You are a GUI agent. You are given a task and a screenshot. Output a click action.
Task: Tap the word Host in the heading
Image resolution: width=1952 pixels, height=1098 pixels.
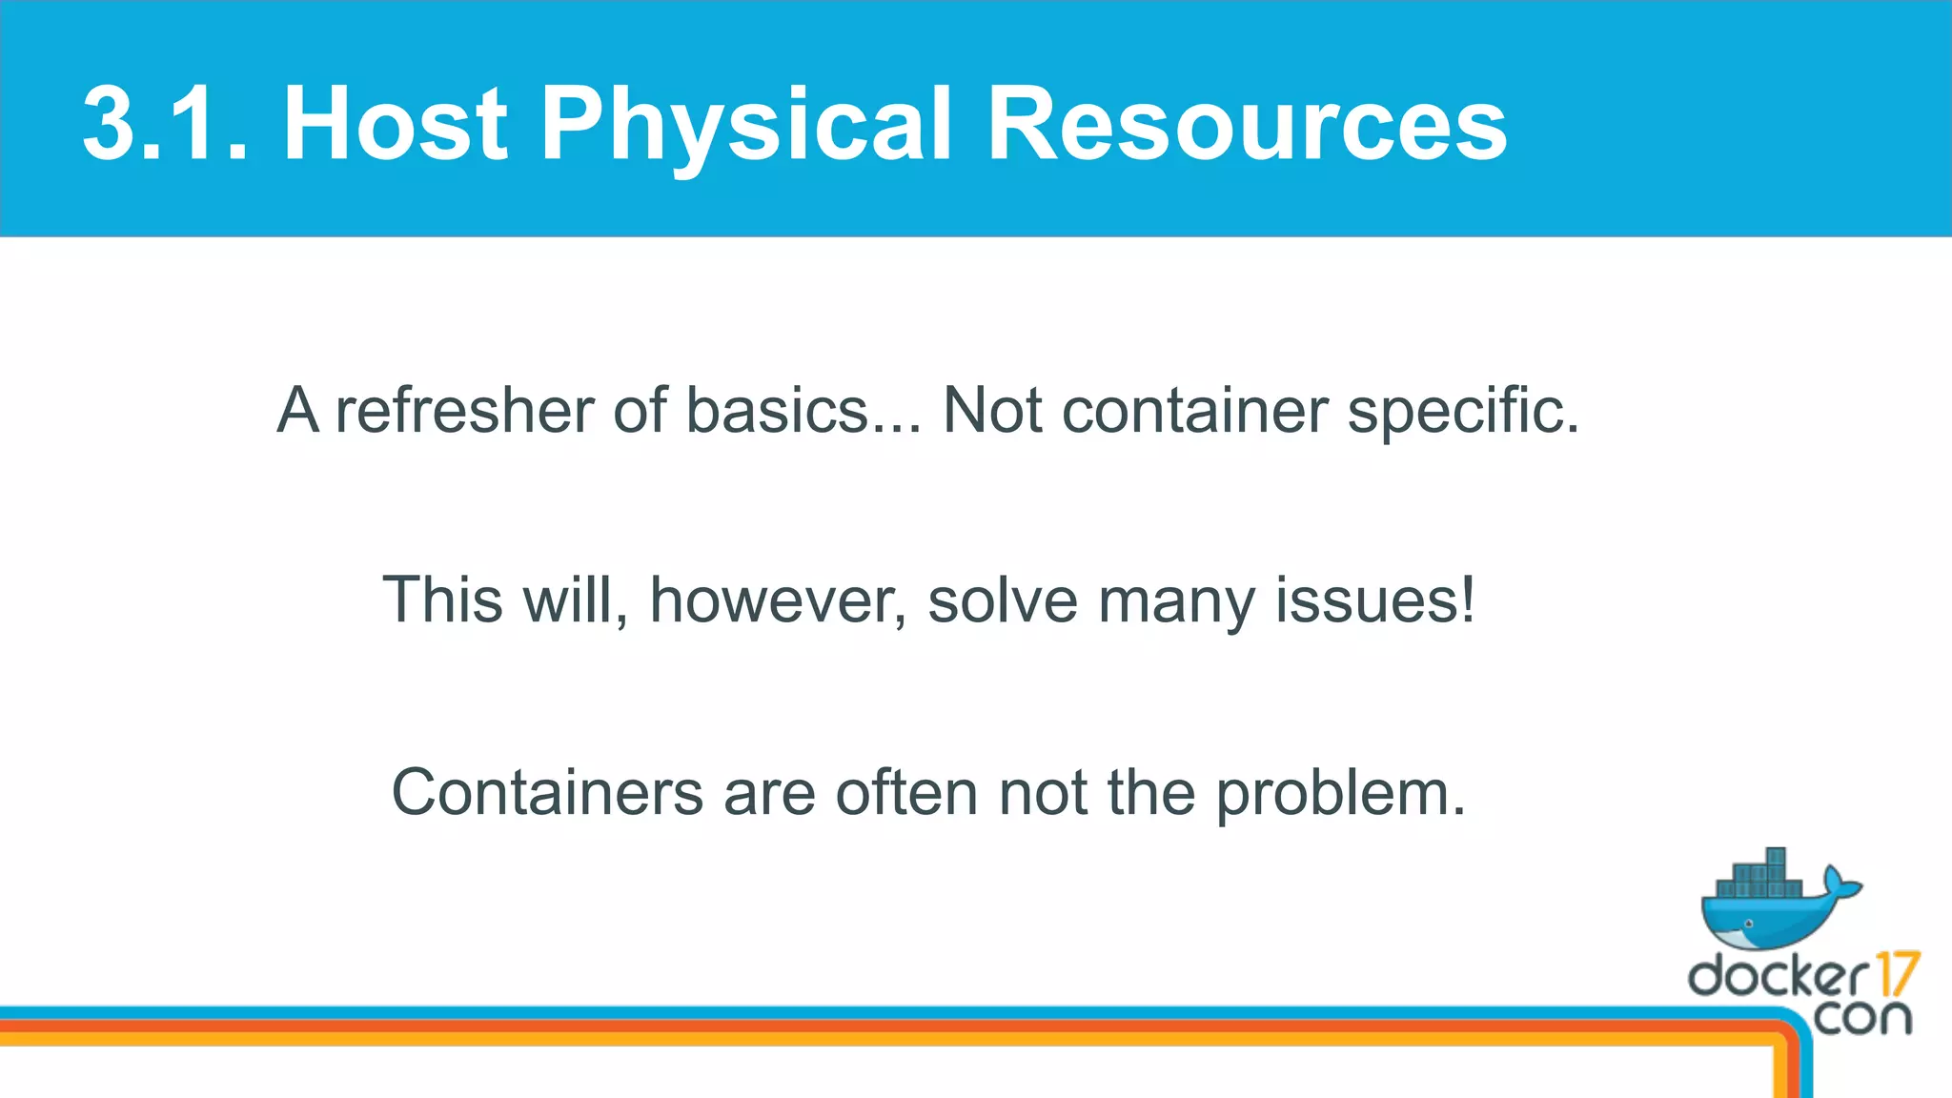tap(396, 124)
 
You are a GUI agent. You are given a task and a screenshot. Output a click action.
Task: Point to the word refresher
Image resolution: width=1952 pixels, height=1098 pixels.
tap(463, 411)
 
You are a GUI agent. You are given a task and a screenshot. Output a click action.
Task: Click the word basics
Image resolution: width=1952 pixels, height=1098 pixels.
tap(777, 411)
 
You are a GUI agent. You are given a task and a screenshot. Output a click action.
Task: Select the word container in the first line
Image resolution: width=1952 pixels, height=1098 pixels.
tap(1195, 411)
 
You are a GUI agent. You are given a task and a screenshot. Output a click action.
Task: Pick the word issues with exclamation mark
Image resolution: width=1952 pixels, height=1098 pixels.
tap(1375, 601)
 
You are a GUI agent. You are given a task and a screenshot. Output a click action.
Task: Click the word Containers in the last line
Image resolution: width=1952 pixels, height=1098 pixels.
tap(547, 793)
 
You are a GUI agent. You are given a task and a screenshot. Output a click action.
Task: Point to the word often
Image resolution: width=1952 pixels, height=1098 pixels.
tap(906, 793)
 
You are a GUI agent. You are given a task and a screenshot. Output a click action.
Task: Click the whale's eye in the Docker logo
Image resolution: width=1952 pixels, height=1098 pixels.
tap(1748, 924)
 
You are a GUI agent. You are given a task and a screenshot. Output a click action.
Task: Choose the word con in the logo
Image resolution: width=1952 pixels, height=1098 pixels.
tap(1862, 1018)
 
